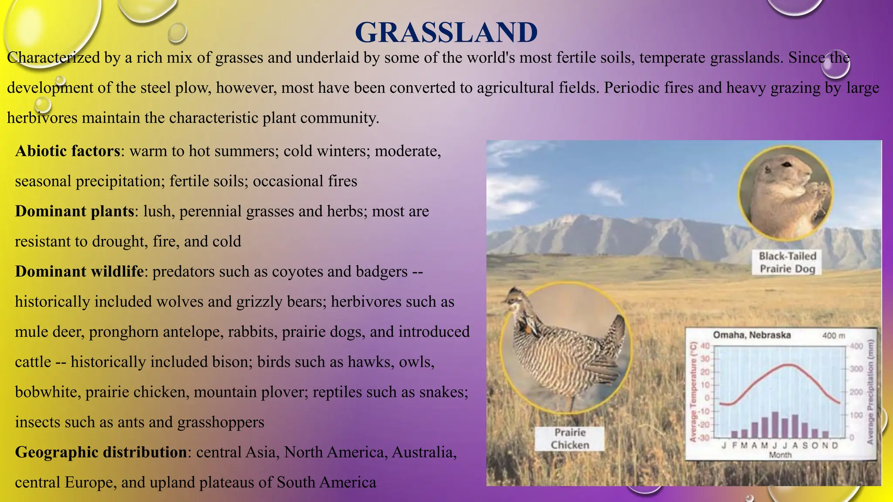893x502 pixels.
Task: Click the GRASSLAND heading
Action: click(x=446, y=33)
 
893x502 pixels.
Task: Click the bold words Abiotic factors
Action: click(x=68, y=151)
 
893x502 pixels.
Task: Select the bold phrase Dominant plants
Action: click(x=75, y=211)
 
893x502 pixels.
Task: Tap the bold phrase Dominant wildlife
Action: click(x=79, y=271)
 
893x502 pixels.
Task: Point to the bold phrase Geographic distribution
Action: click(x=101, y=452)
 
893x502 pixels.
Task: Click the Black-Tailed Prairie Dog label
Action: click(x=787, y=262)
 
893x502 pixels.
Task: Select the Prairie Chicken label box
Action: click(x=569, y=438)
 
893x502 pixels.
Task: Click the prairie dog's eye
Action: click(x=786, y=165)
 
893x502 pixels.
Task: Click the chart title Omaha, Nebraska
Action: click(x=752, y=335)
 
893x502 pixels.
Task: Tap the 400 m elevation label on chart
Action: click(x=833, y=336)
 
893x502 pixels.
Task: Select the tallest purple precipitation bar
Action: click(x=775, y=424)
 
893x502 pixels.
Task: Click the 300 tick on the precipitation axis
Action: click(x=856, y=369)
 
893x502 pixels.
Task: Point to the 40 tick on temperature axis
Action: click(x=705, y=346)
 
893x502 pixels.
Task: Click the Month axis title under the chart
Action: click(x=780, y=455)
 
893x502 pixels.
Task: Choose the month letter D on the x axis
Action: click(x=835, y=445)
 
